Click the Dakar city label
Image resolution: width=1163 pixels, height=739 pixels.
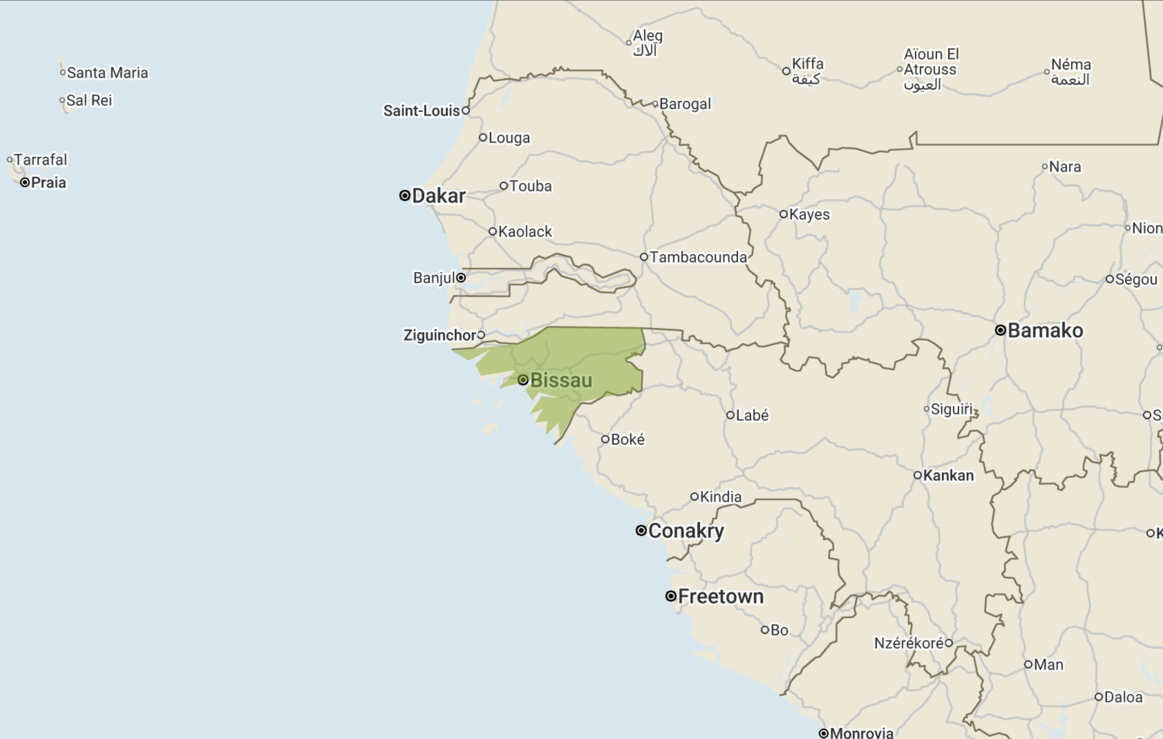438,196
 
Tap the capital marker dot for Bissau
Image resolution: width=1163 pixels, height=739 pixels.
522,380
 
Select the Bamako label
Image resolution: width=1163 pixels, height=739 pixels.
1045,330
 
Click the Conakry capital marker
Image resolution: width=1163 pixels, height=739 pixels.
641,530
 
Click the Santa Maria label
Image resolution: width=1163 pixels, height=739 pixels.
107,73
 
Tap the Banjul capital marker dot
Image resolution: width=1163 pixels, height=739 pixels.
461,278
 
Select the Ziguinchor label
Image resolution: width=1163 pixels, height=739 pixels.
439,335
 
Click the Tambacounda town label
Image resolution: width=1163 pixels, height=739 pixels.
698,257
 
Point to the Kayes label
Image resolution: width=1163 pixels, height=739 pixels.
810,214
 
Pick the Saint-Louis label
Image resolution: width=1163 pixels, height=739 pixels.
421,111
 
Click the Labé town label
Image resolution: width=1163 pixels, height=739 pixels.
752,415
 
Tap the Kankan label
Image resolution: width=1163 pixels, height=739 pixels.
948,476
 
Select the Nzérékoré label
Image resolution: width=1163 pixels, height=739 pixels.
908,643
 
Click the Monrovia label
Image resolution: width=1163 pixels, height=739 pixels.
861,733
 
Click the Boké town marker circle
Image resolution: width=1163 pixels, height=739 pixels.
605,439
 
